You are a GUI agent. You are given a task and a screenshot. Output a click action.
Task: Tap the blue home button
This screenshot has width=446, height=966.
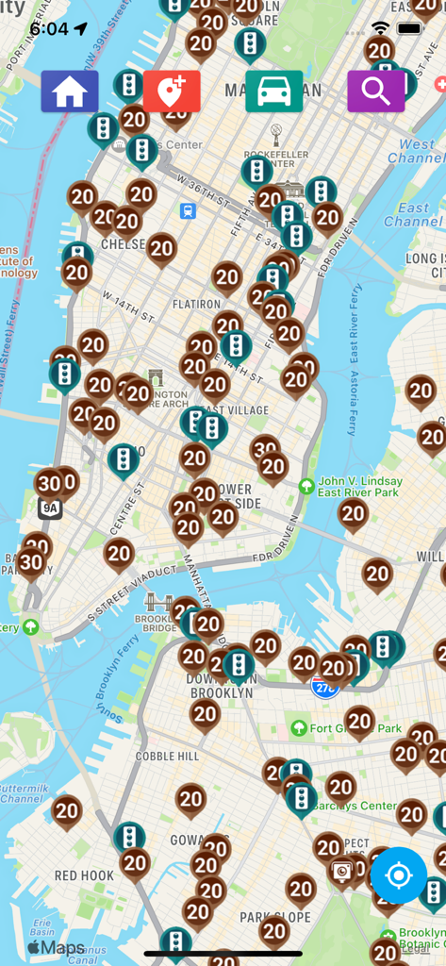pos(70,92)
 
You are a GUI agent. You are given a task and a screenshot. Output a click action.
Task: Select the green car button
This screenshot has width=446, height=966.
pos(273,92)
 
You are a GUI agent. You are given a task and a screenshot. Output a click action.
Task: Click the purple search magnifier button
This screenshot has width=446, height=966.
pos(375,92)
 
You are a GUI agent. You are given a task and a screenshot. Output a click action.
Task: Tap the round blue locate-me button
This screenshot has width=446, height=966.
pos(399,875)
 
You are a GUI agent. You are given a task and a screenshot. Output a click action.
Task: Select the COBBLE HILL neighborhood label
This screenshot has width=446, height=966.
pos(168,756)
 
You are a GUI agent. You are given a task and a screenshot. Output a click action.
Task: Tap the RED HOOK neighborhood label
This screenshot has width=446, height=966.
pos(84,875)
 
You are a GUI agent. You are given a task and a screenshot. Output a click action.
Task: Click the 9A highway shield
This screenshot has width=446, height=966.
pos(50,508)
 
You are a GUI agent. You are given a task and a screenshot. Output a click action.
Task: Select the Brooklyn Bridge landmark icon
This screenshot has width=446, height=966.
pos(156,600)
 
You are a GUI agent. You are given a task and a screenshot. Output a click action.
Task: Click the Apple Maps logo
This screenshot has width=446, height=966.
pos(56,947)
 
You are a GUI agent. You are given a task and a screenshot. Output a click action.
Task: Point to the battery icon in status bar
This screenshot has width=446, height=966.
pos(409,28)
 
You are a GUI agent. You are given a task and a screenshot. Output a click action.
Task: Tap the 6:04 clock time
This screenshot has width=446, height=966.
pos(48,28)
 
